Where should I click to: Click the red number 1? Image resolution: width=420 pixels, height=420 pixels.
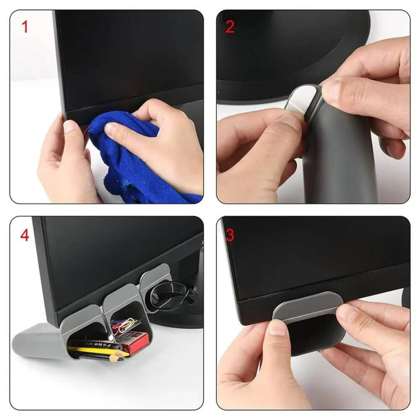click(25, 28)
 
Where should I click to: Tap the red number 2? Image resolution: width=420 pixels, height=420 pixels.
click(230, 27)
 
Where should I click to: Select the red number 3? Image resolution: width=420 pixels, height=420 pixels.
click(230, 235)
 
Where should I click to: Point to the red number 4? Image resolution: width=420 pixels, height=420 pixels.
click(25, 235)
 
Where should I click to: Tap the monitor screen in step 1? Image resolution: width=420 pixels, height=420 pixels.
click(128, 54)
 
